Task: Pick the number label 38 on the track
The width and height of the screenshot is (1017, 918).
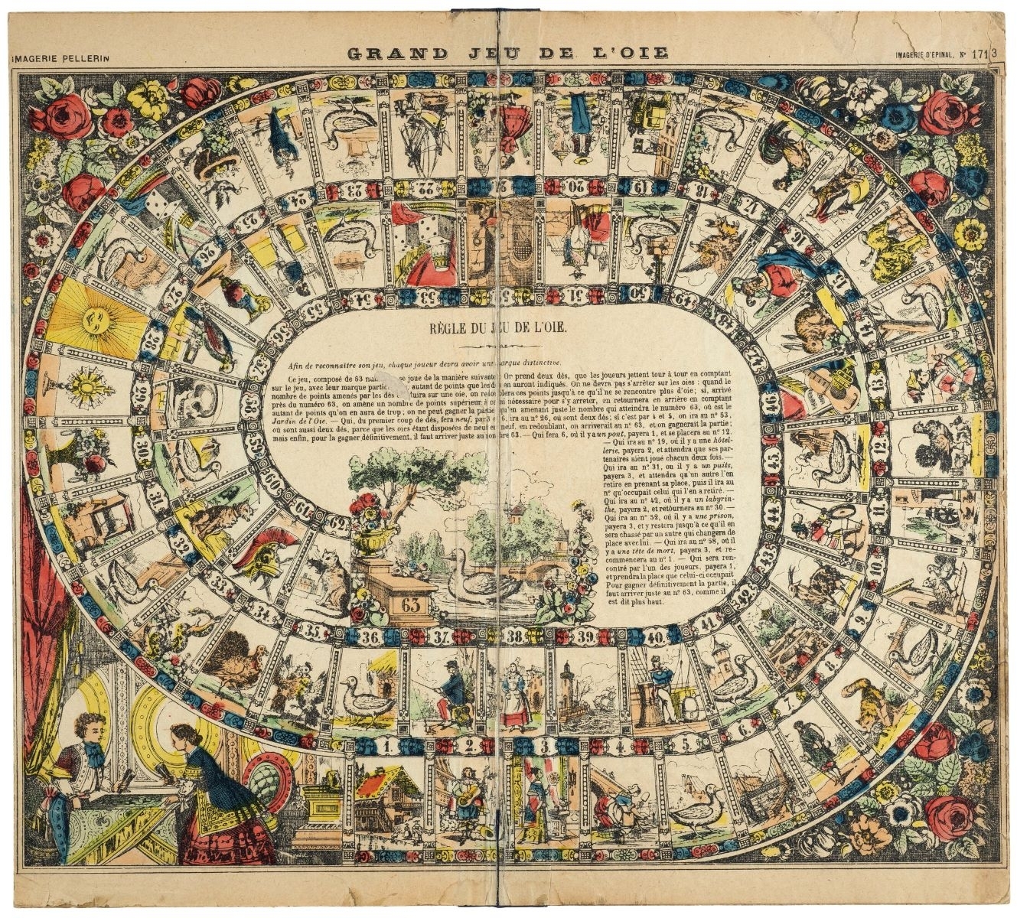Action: [x=516, y=636]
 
